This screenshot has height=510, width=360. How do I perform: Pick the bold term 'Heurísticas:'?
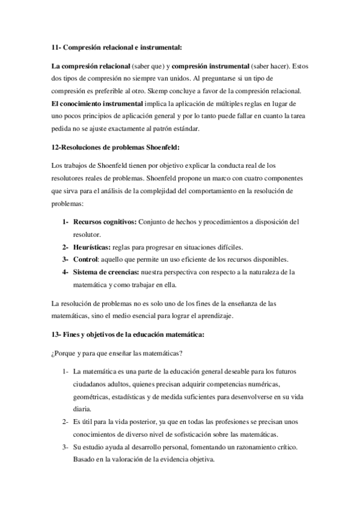pyautogui.click(x=91, y=247)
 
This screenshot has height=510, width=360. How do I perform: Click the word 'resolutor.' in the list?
pyautogui.click(x=87, y=235)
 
